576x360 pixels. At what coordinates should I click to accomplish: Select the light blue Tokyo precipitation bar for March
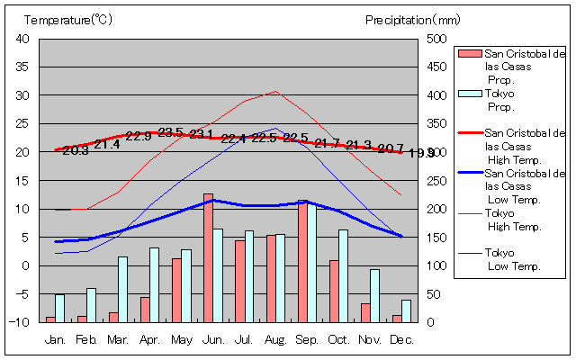pos(122,289)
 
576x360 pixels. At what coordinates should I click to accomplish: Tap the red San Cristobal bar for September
pos(302,261)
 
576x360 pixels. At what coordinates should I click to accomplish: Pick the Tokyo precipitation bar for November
pos(374,295)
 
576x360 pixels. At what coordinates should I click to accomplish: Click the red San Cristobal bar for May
pos(176,290)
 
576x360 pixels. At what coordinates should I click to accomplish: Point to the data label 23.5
pos(170,132)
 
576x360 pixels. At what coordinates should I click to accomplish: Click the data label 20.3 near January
pos(76,150)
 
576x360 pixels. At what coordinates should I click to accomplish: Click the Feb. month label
pos(86,339)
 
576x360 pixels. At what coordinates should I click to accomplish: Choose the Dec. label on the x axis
pos(401,339)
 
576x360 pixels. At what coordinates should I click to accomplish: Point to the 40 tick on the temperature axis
pos(22,39)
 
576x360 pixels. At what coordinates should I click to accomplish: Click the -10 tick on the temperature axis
pos(20,321)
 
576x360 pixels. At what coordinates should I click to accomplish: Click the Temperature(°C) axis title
pos(69,19)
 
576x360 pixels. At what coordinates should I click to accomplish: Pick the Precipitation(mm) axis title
pos(412,19)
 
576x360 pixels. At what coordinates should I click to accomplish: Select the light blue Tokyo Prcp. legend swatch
pos(469,94)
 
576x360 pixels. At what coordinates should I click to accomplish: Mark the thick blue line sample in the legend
pos(469,172)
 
